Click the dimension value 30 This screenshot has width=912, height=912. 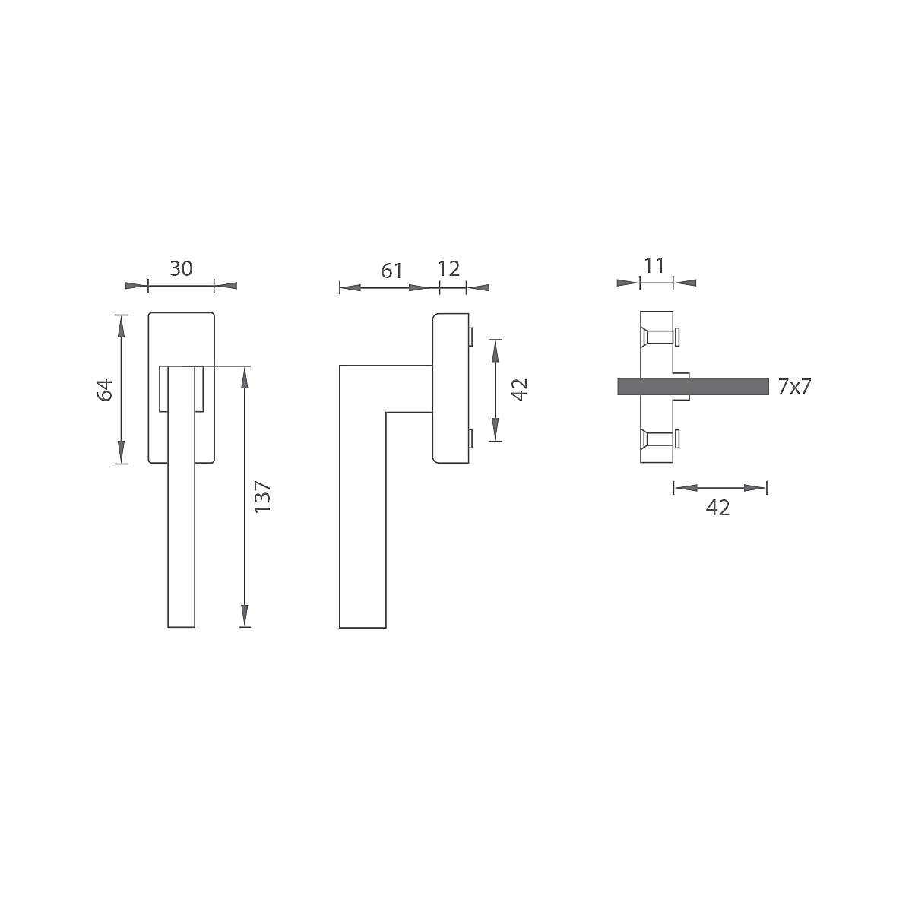click(182, 269)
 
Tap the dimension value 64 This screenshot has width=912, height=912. click(105, 390)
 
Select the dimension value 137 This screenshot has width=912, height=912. click(262, 496)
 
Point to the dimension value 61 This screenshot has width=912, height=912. click(392, 271)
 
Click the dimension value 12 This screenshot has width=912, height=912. click(448, 269)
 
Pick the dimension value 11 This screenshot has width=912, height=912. click(654, 265)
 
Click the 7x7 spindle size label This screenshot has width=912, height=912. click(795, 387)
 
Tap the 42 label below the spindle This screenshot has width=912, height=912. click(718, 508)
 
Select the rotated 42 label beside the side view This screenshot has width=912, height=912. click(520, 391)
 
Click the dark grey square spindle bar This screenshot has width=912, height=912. click(693, 386)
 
